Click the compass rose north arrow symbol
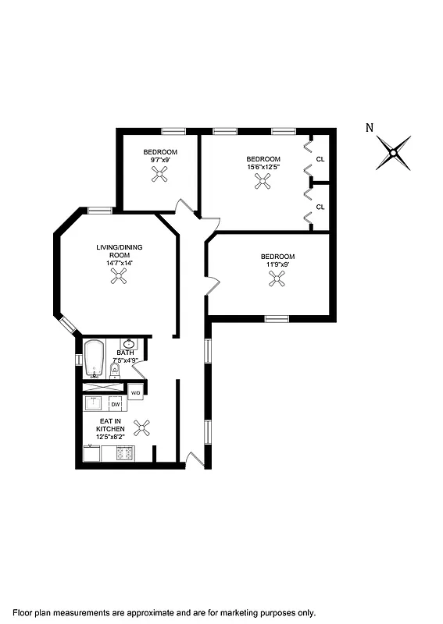pos(394,152)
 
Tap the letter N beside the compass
pos(370,128)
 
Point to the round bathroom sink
pos(129,344)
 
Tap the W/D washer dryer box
pos(135,392)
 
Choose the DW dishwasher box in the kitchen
pos(116,404)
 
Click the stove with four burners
pos(125,452)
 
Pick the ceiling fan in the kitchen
pos(143,427)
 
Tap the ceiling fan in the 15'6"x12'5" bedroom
pos(263,182)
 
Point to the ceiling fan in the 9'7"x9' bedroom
pos(160,175)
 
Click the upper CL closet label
pos(320,159)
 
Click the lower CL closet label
pos(320,207)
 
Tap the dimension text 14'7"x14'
pos(120,264)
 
